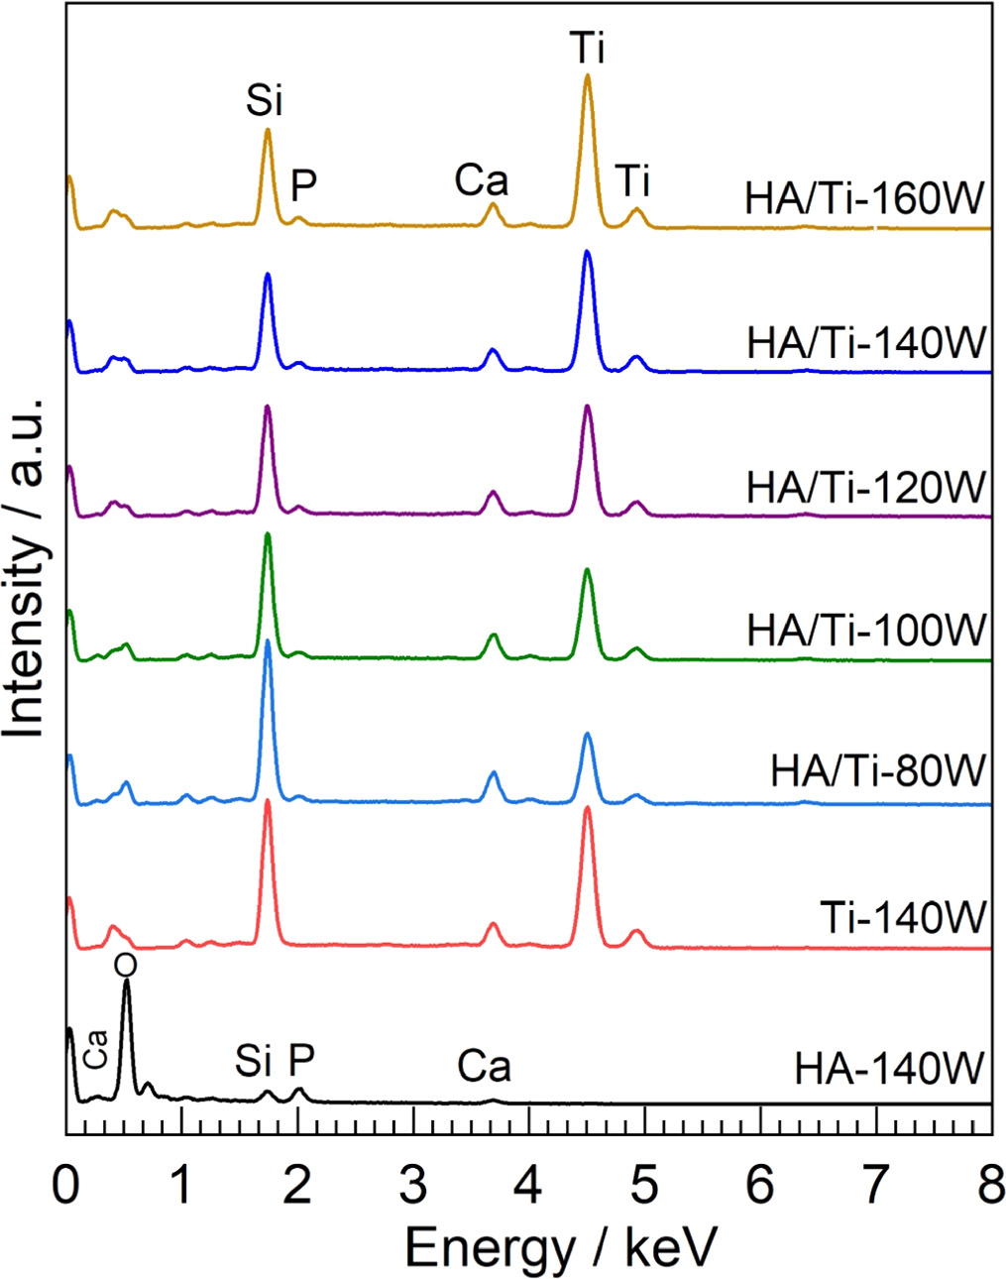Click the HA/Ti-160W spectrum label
click(x=864, y=199)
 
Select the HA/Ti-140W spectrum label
click(x=866, y=343)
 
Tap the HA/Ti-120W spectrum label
click(x=866, y=487)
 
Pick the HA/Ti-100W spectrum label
click(x=866, y=630)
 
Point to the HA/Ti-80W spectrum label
click(x=878, y=770)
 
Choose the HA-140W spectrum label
click(x=889, y=1070)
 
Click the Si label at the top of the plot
click(x=266, y=101)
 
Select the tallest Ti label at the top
click(x=587, y=48)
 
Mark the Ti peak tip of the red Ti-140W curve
click(x=588, y=808)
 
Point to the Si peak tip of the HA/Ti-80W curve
click(x=268, y=641)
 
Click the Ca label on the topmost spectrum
click(x=482, y=181)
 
